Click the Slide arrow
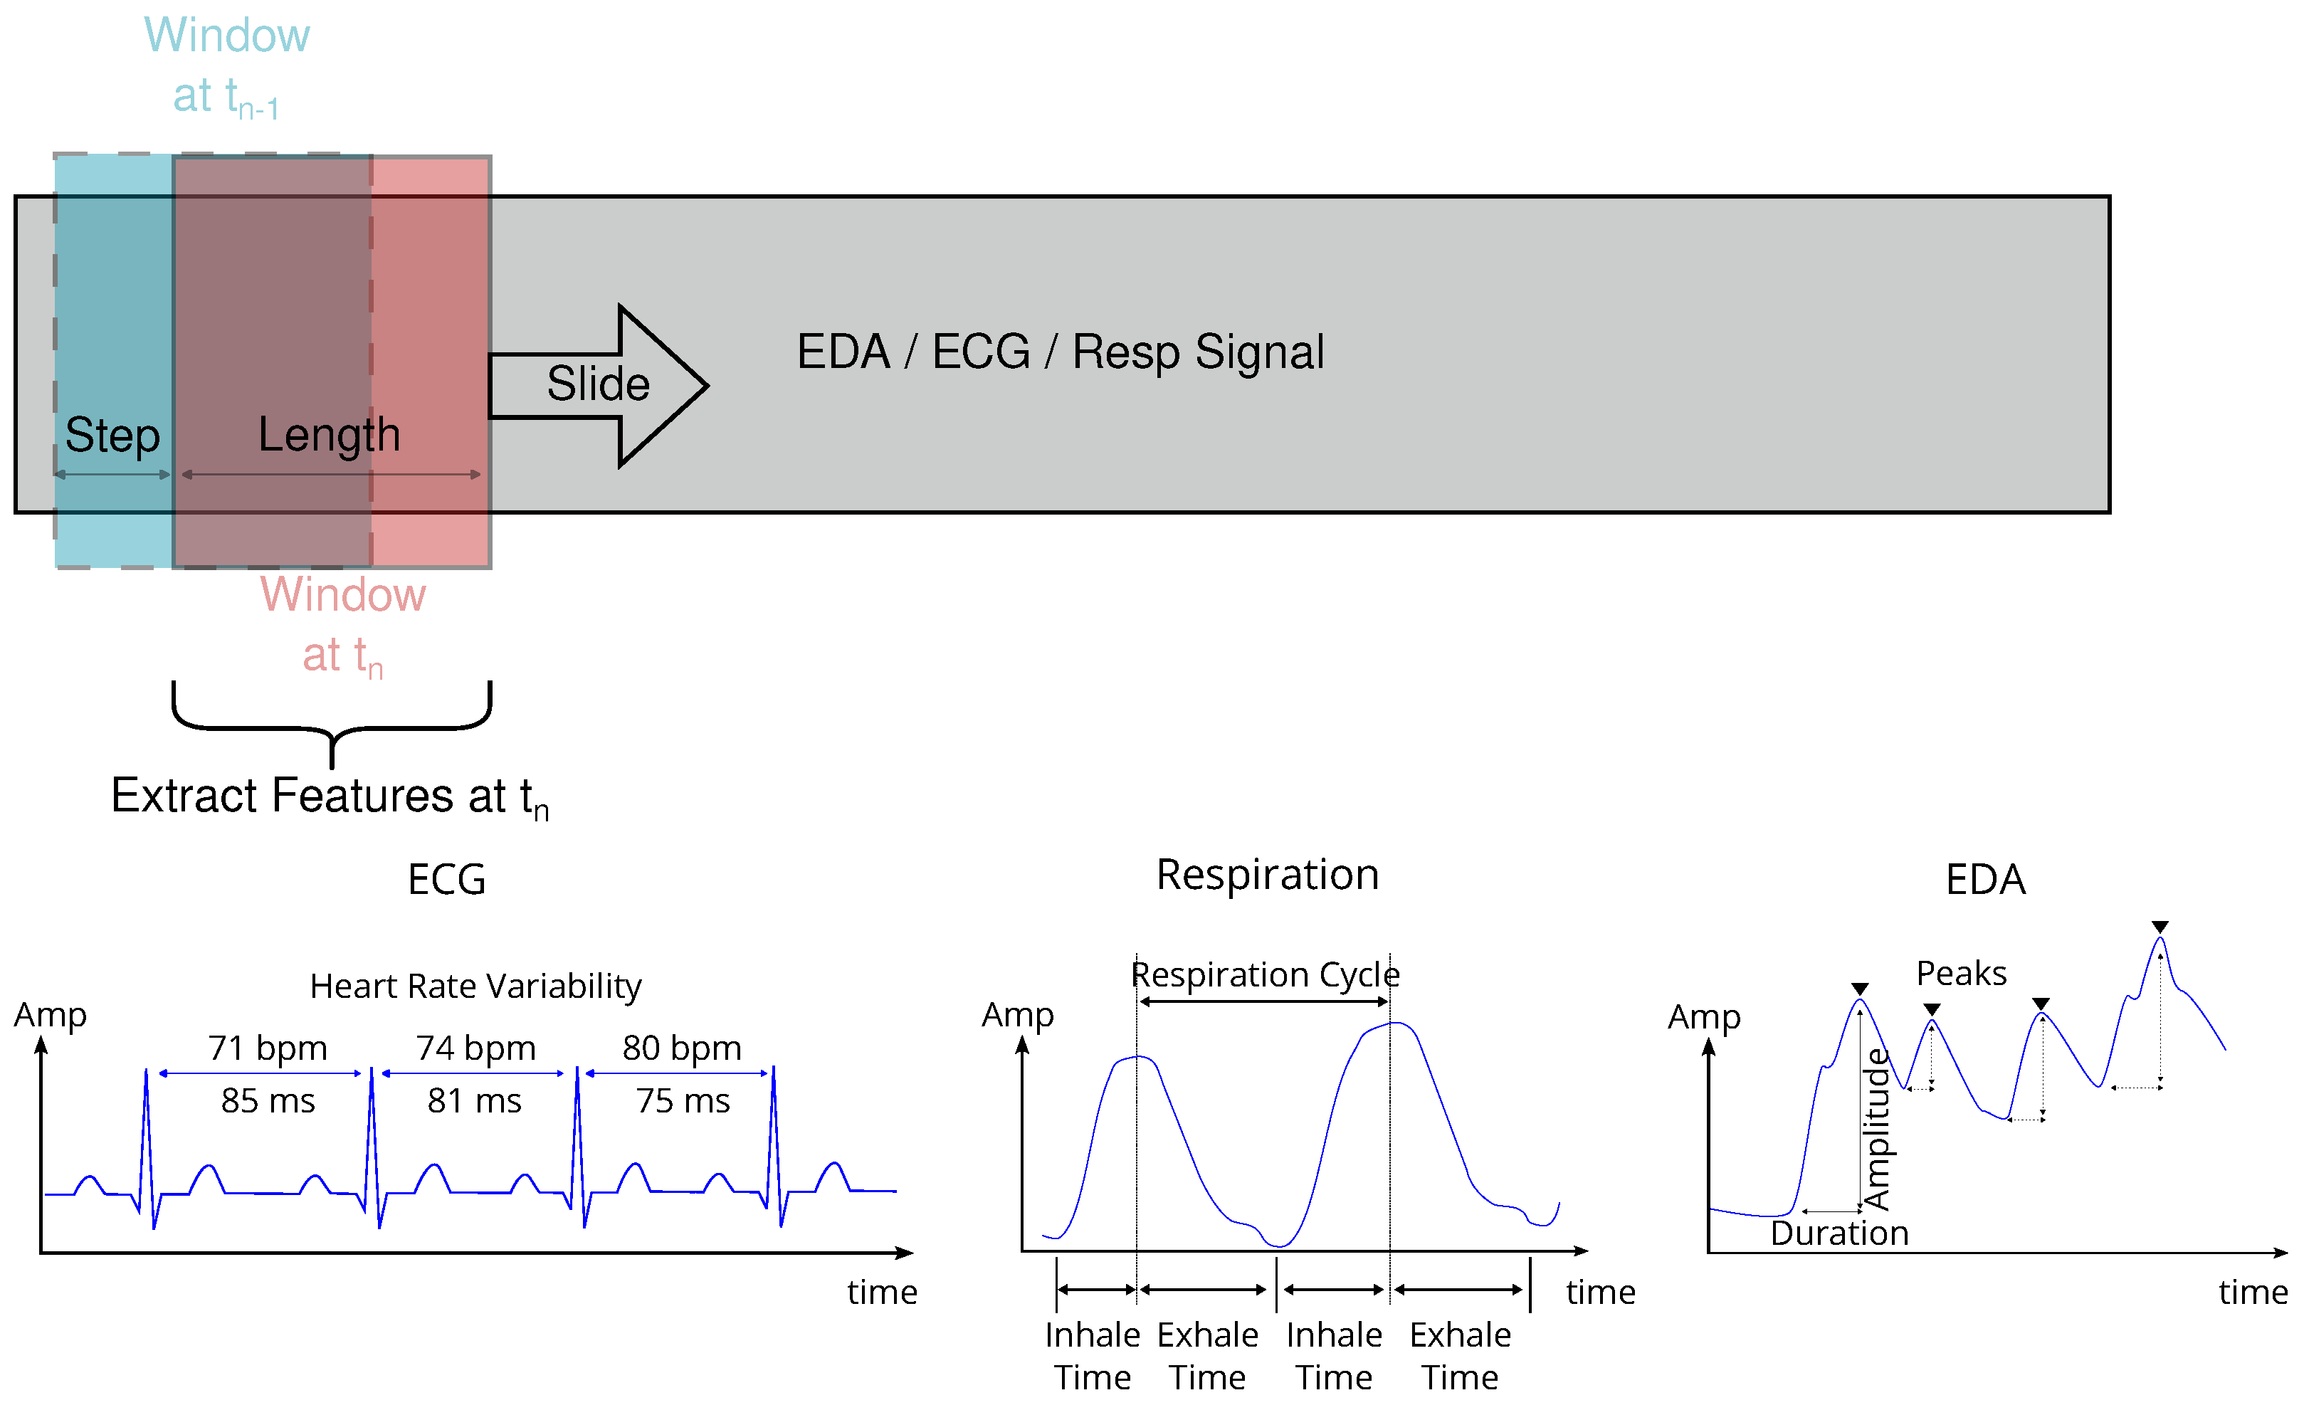[599, 385]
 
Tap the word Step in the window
[112, 436]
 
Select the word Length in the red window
[329, 436]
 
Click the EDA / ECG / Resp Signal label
[1061, 352]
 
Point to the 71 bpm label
[268, 1048]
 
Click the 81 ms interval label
[474, 1101]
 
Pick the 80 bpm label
[682, 1048]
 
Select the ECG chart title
[447, 880]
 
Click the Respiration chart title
[1267, 875]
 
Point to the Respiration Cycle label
[1265, 974]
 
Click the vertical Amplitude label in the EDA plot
[1878, 1130]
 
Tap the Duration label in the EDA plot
[1839, 1233]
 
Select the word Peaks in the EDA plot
[1961, 973]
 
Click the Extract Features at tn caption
[329, 796]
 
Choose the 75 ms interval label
[683, 1101]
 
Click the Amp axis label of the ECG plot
[51, 1014]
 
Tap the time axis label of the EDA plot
[2253, 1292]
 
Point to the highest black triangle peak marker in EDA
[2160, 927]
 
